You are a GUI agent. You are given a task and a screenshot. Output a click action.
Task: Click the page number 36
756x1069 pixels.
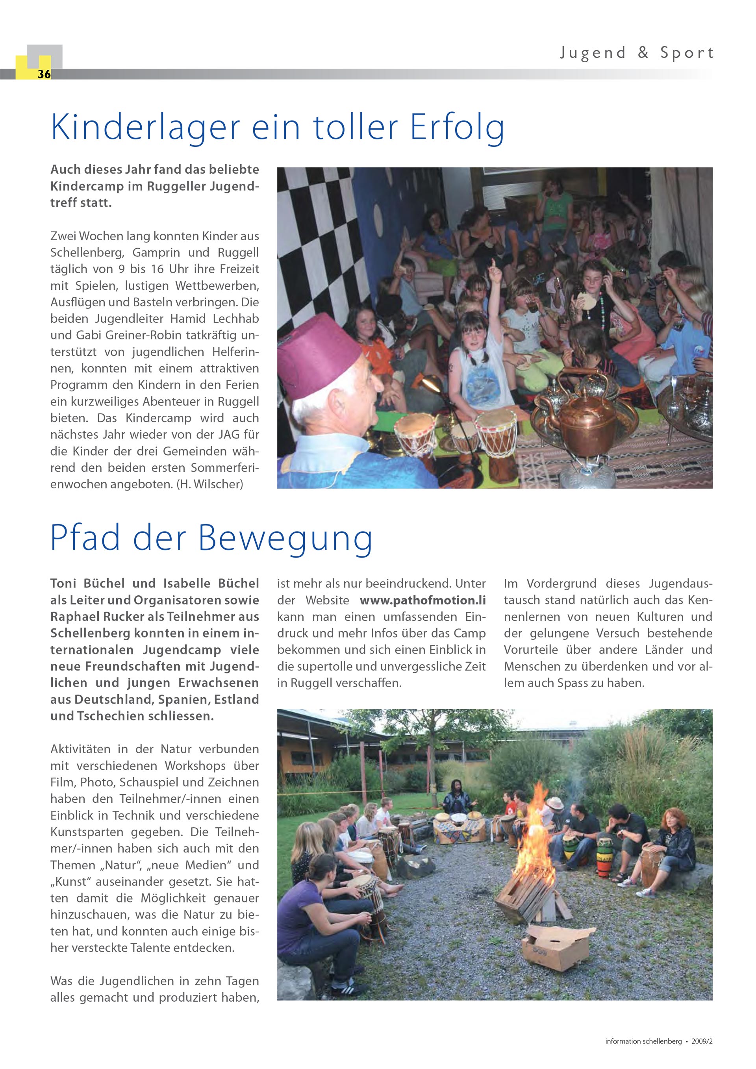(44, 74)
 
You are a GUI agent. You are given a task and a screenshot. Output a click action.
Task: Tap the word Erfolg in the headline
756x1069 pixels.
(457, 128)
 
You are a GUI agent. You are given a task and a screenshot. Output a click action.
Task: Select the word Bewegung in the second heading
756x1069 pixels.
(285, 538)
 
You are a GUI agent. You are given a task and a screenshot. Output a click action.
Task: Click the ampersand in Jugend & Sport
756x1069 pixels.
(643, 53)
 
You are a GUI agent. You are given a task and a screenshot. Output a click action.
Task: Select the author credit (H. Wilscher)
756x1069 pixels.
(209, 484)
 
